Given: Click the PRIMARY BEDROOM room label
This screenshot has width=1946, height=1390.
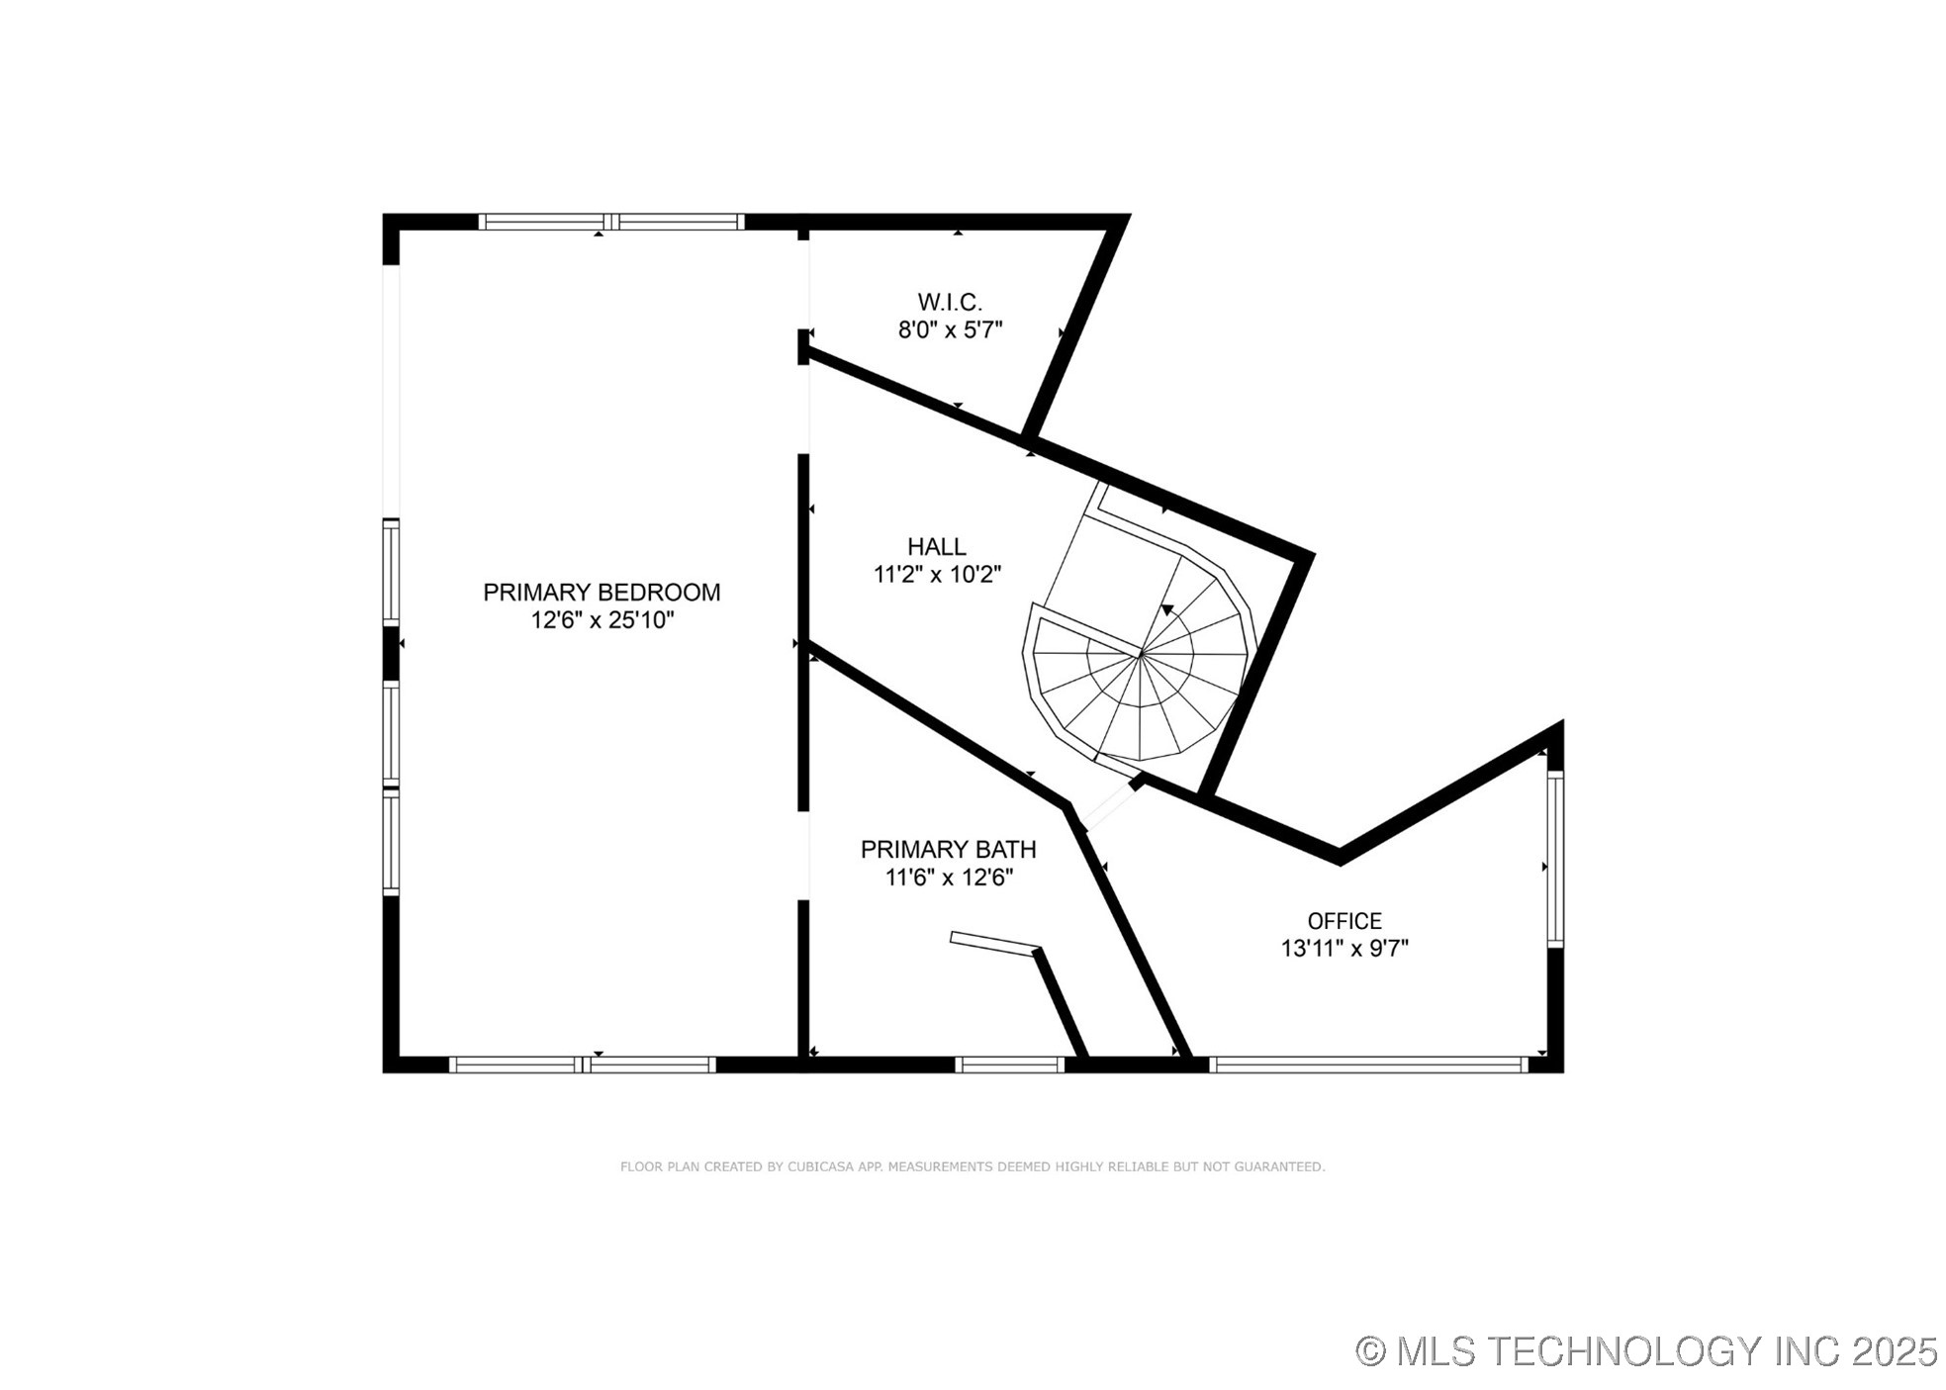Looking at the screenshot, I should pos(601,592).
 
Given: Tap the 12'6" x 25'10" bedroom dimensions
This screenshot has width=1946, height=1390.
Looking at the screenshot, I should pos(602,620).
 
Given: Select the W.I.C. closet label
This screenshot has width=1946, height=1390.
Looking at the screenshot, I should pos(949,302).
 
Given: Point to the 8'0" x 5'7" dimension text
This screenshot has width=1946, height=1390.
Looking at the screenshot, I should pos(950,330).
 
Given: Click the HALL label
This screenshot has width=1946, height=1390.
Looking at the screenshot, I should pos(936,546).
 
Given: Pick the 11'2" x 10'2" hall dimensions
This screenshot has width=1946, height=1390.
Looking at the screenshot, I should pos(937,574).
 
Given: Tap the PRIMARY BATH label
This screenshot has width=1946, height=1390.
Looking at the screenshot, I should pos(948,849).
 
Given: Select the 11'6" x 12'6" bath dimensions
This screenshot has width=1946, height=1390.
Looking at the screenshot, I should pos(949,877).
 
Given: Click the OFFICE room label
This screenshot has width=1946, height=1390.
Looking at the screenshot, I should pos(1344,921).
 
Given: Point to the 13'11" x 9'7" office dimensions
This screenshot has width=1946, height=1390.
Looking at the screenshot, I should pos(1344,948).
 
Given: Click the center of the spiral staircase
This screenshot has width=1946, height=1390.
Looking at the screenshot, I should pos(1141,654).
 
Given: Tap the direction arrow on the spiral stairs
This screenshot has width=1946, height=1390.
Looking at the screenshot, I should pos(1168,610).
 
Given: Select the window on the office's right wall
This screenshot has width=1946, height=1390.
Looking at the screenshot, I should pos(1554,858).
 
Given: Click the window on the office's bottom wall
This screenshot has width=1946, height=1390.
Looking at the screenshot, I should pos(1368,1065).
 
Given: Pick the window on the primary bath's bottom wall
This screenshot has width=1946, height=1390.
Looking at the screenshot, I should pos(1009,1065).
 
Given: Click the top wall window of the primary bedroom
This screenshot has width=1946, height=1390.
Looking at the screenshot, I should pos(610,222).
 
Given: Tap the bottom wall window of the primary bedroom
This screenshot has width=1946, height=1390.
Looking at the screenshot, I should pos(582,1065).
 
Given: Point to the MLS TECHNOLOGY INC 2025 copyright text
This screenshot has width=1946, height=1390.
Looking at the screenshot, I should pos(1646,1349).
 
